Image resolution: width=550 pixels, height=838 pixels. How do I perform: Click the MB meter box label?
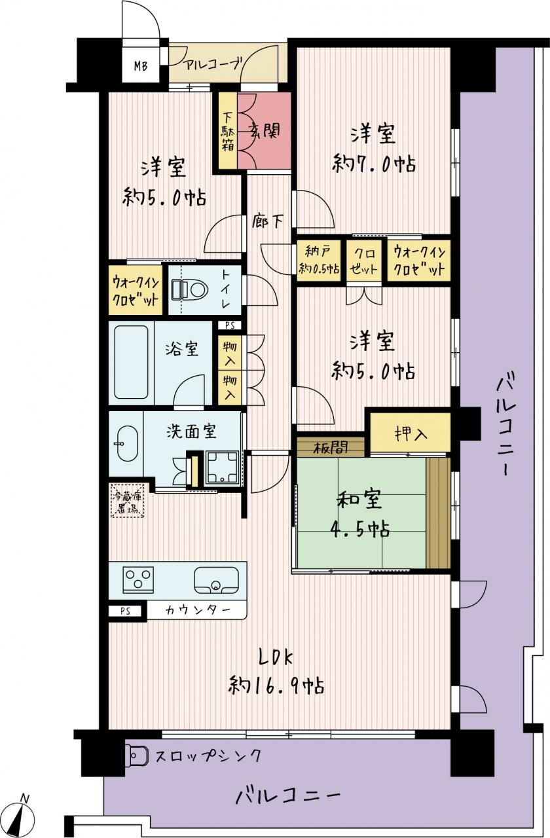141,67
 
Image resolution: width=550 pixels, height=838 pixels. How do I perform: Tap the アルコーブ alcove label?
213,64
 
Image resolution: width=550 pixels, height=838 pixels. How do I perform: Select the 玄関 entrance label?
265,132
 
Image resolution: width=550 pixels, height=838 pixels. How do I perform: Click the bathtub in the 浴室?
131,362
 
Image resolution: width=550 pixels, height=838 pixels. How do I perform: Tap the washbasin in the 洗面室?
128,444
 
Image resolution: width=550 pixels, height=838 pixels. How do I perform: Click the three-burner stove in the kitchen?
138,580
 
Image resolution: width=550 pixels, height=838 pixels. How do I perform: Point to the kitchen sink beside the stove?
216,580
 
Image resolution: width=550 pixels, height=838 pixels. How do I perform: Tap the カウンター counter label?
197,611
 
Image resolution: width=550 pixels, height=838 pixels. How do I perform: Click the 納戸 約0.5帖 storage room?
319,261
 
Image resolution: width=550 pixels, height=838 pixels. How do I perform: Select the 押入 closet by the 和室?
410,433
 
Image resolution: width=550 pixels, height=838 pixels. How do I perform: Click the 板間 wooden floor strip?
331,446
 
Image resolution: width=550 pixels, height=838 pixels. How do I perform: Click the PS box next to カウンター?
125,611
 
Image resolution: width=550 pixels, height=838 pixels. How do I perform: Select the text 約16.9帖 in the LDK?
276,685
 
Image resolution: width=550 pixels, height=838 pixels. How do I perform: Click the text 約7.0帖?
374,164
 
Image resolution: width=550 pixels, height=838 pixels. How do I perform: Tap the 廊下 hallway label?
267,222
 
